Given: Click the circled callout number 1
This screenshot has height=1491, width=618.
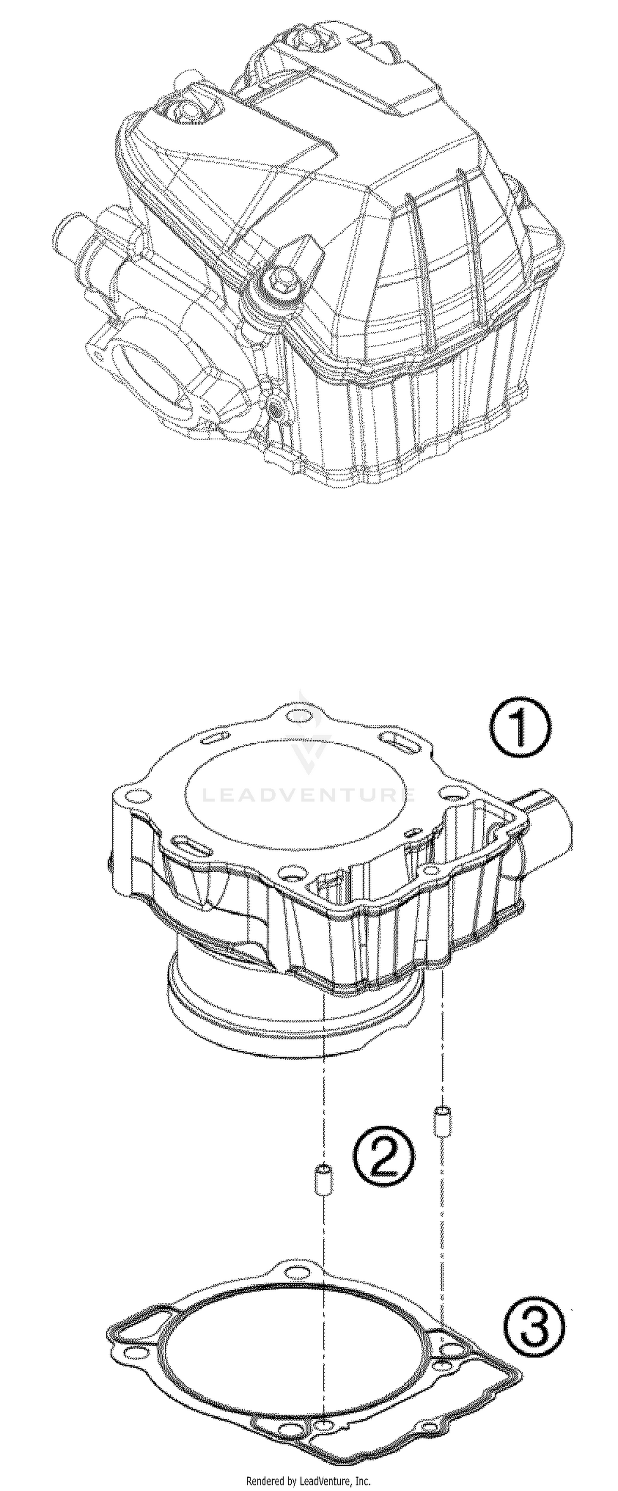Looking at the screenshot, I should pos(519,727).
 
